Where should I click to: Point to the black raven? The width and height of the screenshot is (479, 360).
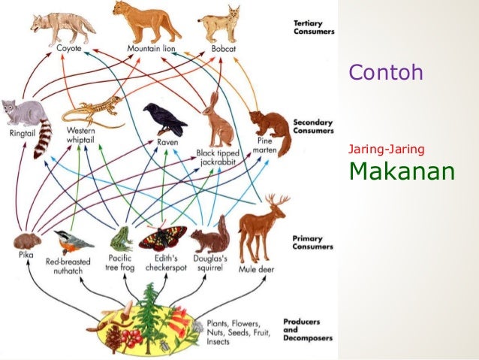(x=163, y=119)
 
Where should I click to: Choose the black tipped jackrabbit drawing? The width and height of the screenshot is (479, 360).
(x=218, y=120)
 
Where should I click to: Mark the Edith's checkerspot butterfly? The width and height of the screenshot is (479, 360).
(x=163, y=237)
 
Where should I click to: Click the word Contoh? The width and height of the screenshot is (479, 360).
(x=386, y=73)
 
